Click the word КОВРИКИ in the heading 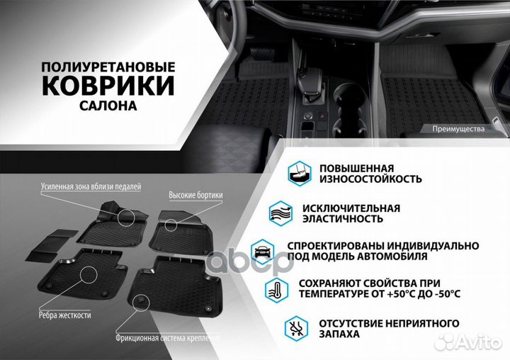(108, 86)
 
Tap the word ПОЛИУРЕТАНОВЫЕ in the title (108, 66)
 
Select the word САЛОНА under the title (108, 105)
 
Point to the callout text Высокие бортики (196, 195)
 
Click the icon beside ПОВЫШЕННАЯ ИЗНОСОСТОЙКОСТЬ (297, 172)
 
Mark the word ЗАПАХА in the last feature (339, 334)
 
